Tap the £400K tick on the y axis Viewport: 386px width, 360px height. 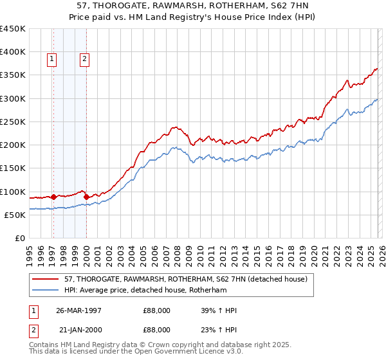pos(13,52)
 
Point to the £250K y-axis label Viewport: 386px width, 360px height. pos(13,122)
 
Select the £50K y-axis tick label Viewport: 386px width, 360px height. pos(15,215)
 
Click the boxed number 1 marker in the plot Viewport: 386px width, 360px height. pos(52,59)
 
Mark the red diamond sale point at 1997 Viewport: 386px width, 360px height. pos(53,197)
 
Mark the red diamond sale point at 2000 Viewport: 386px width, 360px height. pos(86,197)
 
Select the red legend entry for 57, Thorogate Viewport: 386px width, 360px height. pos(186,279)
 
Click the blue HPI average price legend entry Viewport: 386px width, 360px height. pos(154,290)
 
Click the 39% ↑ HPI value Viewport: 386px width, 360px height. pos(219,310)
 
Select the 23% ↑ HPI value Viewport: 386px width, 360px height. pos(219,331)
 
